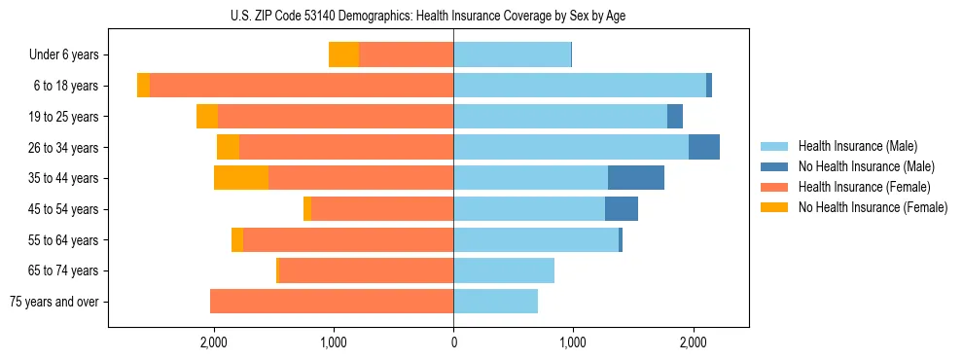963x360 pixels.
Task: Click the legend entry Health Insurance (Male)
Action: [857, 146]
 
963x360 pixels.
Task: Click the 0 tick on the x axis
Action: [453, 342]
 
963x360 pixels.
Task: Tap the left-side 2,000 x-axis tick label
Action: [214, 342]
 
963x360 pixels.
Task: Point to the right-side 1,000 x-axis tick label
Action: [573, 342]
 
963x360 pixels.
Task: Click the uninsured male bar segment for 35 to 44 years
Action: [636, 178]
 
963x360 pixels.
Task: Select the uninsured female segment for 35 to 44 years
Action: [241, 178]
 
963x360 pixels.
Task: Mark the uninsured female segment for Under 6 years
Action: [343, 54]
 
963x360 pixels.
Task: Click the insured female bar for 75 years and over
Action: [332, 302]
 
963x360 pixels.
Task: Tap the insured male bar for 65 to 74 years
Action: [504, 270]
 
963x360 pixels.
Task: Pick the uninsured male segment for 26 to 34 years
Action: [704, 147]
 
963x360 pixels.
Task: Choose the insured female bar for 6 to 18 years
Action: [302, 86]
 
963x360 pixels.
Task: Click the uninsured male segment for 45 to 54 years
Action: [622, 209]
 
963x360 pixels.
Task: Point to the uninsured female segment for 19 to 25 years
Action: [207, 117]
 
